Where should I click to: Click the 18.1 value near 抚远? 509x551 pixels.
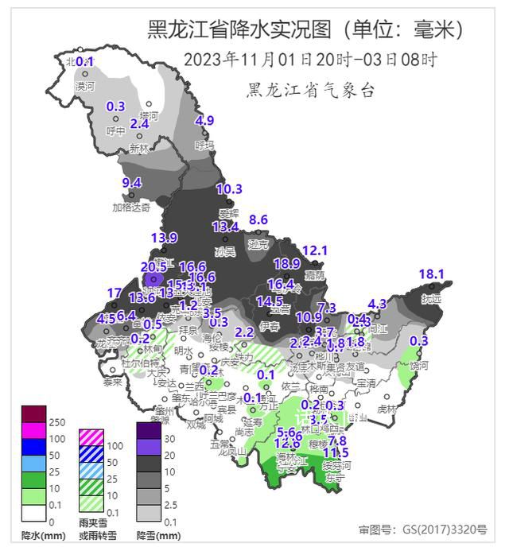tap(431, 274)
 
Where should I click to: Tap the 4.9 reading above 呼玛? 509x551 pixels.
tap(205, 121)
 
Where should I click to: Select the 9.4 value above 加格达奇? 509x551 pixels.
tap(131, 183)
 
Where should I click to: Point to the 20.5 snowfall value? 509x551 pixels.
tap(153, 267)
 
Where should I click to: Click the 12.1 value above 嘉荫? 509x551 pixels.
tap(315, 250)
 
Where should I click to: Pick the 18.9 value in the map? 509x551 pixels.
tap(286, 263)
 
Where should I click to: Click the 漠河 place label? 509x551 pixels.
tap(85, 85)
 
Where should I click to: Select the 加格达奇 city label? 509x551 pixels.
tap(130, 208)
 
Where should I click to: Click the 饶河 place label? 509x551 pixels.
tap(419, 367)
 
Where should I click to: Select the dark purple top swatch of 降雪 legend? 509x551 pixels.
tap(149, 430)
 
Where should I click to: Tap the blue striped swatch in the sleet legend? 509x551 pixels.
tap(91, 454)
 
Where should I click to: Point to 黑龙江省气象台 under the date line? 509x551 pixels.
tap(310, 90)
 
